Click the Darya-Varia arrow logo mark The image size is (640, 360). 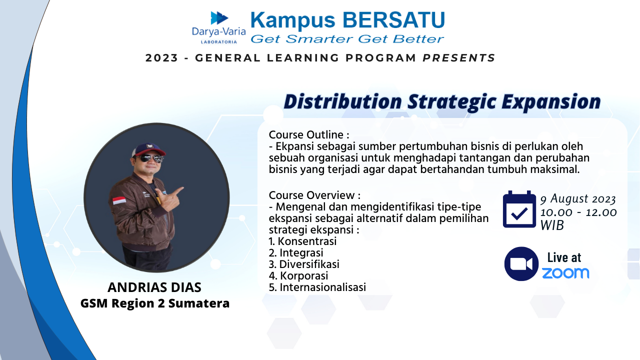tap(219, 18)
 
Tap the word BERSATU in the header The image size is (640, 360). tap(393, 20)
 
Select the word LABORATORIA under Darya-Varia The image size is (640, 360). tap(219, 42)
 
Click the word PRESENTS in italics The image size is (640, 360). tap(458, 58)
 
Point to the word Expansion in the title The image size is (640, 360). tap(551, 102)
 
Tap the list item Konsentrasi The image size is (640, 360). tap(302, 241)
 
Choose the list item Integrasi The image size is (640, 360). tap(296, 253)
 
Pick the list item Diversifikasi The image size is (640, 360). tap(304, 264)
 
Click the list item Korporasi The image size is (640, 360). tap(298, 276)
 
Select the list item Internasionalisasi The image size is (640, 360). tap(317, 287)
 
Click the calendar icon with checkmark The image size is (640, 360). tap(519, 209)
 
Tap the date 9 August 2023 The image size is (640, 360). tap(577, 199)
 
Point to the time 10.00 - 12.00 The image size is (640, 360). tap(578, 212)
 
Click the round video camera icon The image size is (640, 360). tap(521, 263)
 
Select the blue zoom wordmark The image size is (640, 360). tap(565, 273)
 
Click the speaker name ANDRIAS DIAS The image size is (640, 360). tap(154, 287)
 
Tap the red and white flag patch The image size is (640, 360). tap(119, 200)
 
